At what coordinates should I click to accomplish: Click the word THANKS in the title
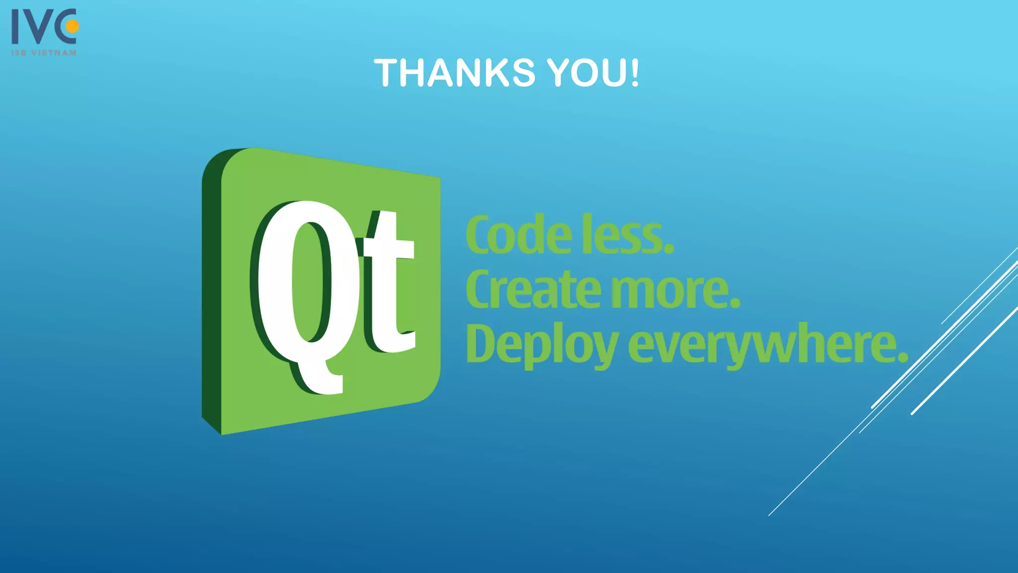click(x=455, y=73)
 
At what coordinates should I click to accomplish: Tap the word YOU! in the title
click(x=593, y=73)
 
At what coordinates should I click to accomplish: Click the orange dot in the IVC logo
click(x=73, y=26)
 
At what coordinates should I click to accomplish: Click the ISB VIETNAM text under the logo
click(x=44, y=53)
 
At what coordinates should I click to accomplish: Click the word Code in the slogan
click(x=519, y=235)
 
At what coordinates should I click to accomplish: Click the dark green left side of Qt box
click(x=211, y=298)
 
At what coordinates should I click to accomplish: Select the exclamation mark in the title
click(x=634, y=73)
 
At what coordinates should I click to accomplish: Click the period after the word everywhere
click(x=903, y=357)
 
